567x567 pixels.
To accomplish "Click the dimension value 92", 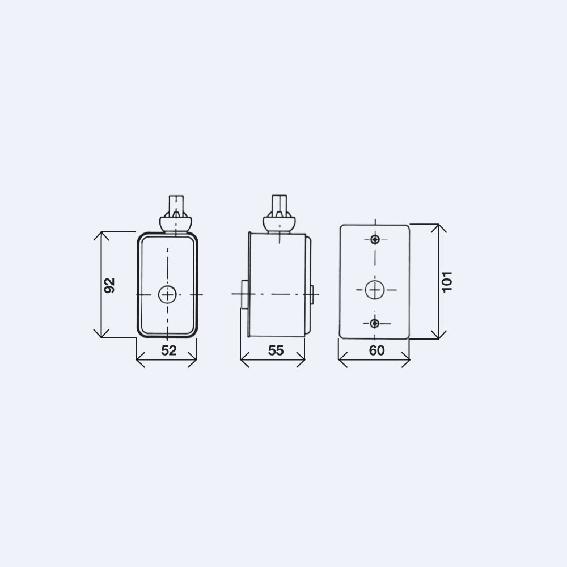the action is pos(109,285).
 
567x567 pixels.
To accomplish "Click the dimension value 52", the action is pos(169,350).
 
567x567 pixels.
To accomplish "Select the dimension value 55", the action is pos(276,350).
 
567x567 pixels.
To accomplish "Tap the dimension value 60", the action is pos(377,350).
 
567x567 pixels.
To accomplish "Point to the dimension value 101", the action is pos(447,281).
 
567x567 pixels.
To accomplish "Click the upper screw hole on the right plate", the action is pos(375,239).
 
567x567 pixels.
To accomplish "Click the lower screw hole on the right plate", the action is pos(375,323).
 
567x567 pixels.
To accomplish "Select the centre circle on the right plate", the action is pos(375,290).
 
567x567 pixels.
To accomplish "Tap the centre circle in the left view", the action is pos(167,295).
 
